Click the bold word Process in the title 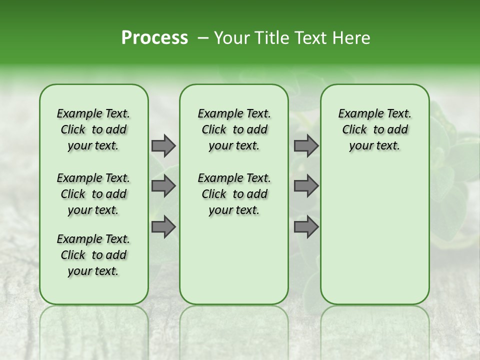click(x=154, y=38)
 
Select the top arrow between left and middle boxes click(x=163, y=146)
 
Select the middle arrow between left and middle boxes click(x=163, y=186)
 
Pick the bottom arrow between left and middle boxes click(x=163, y=227)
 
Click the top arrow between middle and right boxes click(x=306, y=146)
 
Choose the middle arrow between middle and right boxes click(x=306, y=186)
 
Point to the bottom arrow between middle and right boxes click(x=306, y=227)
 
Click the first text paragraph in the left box click(x=93, y=129)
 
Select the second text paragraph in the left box click(x=93, y=194)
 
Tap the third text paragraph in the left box click(x=93, y=255)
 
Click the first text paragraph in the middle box click(x=234, y=129)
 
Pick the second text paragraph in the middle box click(x=234, y=194)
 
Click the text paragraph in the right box click(x=374, y=129)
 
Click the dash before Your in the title click(x=202, y=38)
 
